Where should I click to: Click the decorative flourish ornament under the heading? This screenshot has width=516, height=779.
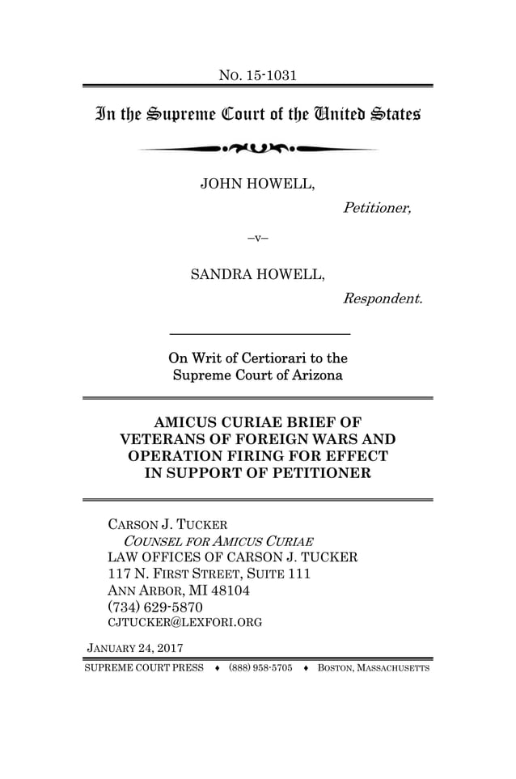[x=257, y=150]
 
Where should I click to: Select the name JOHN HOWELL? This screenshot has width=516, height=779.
[x=257, y=184]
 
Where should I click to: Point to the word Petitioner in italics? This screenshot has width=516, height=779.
[x=377, y=208]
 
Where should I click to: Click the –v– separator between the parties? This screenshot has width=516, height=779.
[x=257, y=239]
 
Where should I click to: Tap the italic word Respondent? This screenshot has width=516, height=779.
[x=383, y=299]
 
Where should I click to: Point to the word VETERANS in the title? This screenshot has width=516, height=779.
[x=159, y=439]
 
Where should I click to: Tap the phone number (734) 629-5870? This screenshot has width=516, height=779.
[x=155, y=606]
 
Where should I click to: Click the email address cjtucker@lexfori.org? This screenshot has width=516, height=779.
[x=184, y=622]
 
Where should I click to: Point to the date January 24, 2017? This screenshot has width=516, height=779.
[x=134, y=648]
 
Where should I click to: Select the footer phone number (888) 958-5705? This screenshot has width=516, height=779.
[x=260, y=668]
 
